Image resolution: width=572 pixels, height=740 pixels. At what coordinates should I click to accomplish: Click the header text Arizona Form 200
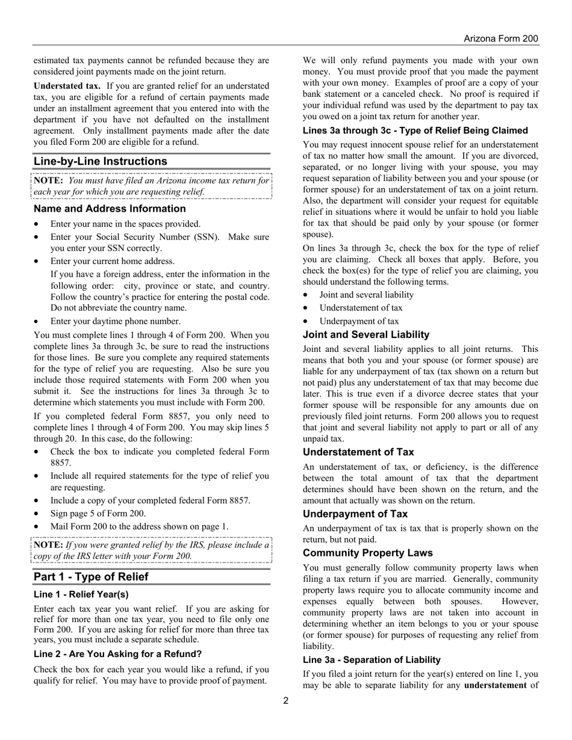500,39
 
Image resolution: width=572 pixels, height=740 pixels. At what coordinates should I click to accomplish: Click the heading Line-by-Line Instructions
101,161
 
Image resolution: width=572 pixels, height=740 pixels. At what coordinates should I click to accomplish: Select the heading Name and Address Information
110,209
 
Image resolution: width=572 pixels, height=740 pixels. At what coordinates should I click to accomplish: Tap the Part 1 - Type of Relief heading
91,577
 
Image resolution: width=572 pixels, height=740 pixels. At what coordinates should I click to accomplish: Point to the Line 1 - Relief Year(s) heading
81,594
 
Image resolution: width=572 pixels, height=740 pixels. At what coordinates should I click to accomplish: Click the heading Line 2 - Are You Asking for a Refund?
117,654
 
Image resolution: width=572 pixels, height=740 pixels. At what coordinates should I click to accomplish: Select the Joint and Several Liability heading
366,335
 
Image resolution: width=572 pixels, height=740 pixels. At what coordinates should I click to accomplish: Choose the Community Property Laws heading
368,553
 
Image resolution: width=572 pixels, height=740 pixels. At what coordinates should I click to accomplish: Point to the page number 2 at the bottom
286,700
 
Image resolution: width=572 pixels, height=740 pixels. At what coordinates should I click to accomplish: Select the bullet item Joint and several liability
366,295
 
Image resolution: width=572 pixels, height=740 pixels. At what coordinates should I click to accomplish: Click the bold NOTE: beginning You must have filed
49,180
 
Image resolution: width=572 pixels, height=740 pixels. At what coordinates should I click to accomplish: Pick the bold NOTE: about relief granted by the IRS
48,545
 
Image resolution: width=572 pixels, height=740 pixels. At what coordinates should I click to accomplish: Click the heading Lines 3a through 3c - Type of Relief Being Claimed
415,131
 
